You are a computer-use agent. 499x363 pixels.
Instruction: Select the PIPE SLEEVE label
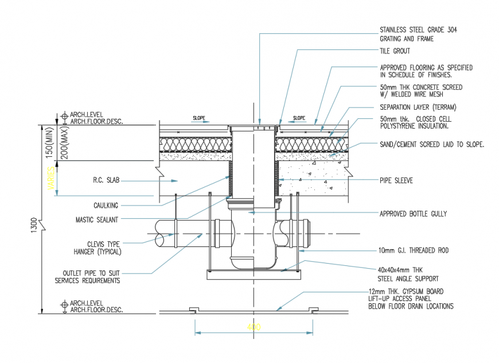pyautogui.click(x=396, y=180)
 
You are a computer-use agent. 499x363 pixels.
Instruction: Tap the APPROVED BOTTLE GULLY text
pyautogui.click(x=413, y=214)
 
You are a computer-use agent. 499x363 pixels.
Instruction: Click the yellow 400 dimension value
pyautogui.click(x=254, y=327)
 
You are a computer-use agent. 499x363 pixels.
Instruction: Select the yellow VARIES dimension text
pyautogui.click(x=52, y=178)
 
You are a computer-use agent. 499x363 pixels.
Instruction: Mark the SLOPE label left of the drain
pyautogui.click(x=199, y=118)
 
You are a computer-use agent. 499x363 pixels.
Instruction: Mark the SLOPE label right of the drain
pyautogui.click(x=299, y=118)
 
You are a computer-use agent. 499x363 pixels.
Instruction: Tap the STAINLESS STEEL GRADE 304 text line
pyautogui.click(x=419, y=30)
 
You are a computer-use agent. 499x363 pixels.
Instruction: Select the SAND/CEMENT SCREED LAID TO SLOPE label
pyautogui.click(x=432, y=144)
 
